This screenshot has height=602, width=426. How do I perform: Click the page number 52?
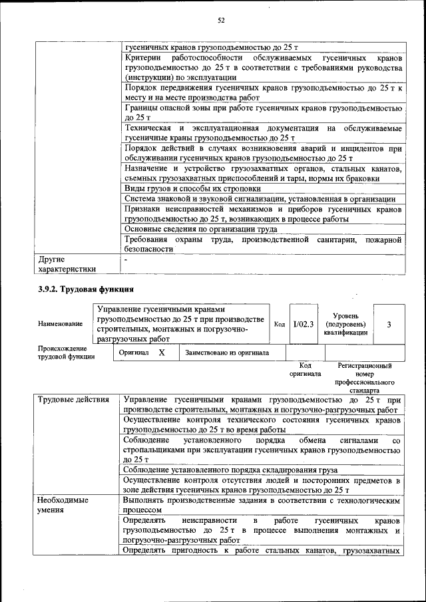pos(221,20)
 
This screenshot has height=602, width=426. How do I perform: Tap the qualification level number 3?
pos(389,323)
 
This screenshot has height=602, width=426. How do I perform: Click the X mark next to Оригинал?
pos(161,353)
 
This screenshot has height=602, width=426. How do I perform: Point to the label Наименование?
pos(61,324)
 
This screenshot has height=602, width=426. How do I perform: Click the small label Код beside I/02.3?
pos(280,324)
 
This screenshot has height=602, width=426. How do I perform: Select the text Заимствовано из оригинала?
pos(227,353)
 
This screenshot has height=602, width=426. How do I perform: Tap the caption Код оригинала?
pos(305,370)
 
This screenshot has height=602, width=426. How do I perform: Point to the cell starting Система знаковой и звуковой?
pos(260,199)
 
